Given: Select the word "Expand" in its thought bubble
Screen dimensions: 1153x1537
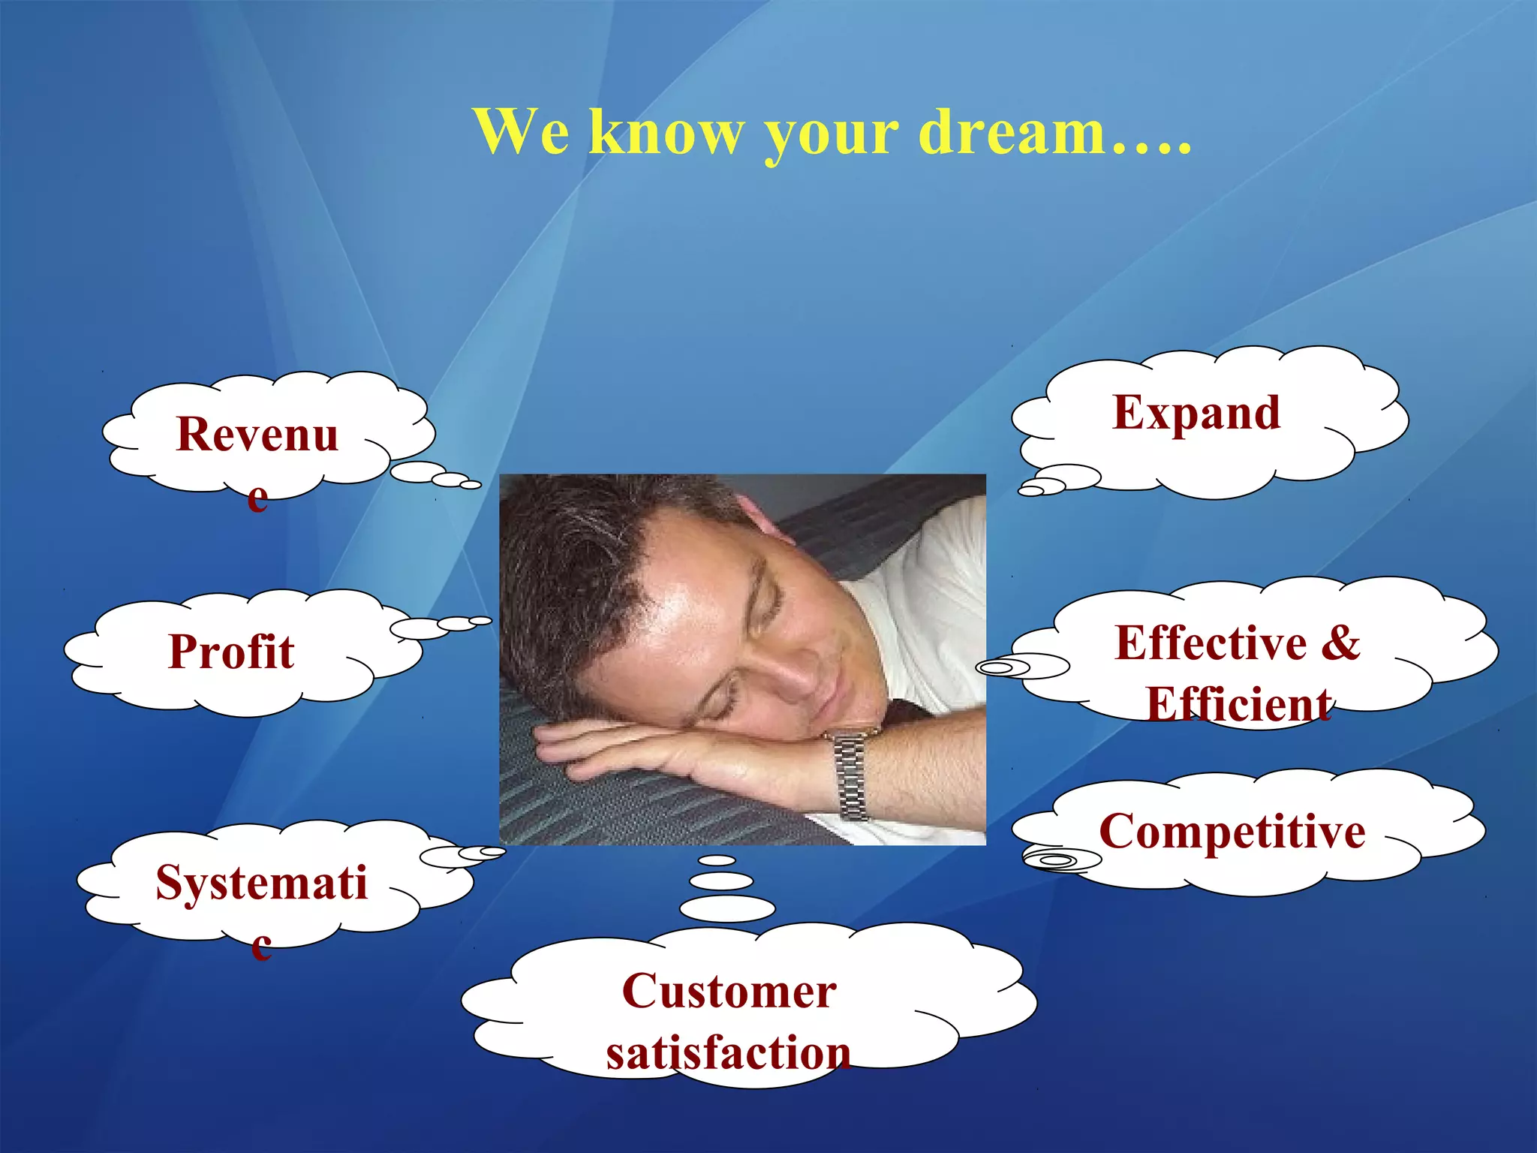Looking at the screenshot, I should [1196, 413].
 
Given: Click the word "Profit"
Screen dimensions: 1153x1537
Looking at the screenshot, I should [231, 651].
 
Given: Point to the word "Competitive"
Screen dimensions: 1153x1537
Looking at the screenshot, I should [1232, 832].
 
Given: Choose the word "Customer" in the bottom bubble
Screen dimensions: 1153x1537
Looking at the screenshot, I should [729, 991].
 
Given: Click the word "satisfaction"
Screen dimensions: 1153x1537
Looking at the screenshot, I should [728, 1052].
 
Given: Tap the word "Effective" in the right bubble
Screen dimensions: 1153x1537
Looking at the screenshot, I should [1211, 643].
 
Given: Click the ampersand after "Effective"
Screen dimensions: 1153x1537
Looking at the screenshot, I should [1340, 643].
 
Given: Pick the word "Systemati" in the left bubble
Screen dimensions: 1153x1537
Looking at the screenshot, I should [261, 882].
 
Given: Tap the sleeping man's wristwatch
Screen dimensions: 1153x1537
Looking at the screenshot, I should [850, 773].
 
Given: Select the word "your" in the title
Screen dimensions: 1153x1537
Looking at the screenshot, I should [831, 134].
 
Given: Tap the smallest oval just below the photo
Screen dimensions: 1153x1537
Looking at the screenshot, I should [717, 860].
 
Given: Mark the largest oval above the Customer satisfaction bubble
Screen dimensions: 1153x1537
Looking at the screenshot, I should [726, 908].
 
